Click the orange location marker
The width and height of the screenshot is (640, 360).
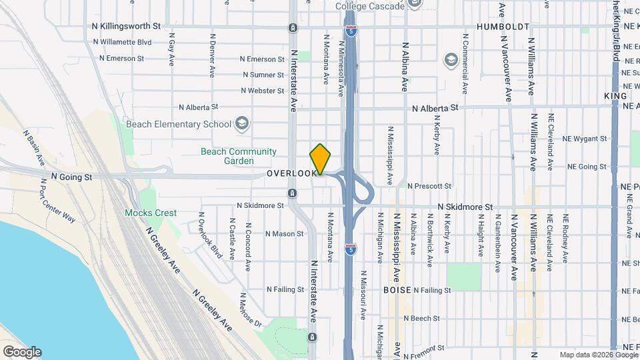click(321, 159)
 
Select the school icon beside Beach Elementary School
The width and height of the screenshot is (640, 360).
click(241, 124)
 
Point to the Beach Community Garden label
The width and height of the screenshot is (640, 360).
click(238, 156)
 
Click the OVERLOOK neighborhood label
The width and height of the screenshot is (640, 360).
click(291, 173)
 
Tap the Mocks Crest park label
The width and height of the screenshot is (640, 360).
click(151, 213)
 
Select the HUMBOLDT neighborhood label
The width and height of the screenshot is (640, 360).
click(503, 27)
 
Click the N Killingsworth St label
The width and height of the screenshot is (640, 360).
click(127, 27)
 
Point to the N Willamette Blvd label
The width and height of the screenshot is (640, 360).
click(122, 42)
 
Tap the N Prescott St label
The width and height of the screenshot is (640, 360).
click(429, 186)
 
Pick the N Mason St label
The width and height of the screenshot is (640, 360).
click(284, 234)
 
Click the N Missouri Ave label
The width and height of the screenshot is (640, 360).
click(364, 295)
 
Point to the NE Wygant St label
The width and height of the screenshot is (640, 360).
click(584, 139)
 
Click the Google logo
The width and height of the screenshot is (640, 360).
click(22, 352)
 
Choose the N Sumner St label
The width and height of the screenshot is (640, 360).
click(264, 75)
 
